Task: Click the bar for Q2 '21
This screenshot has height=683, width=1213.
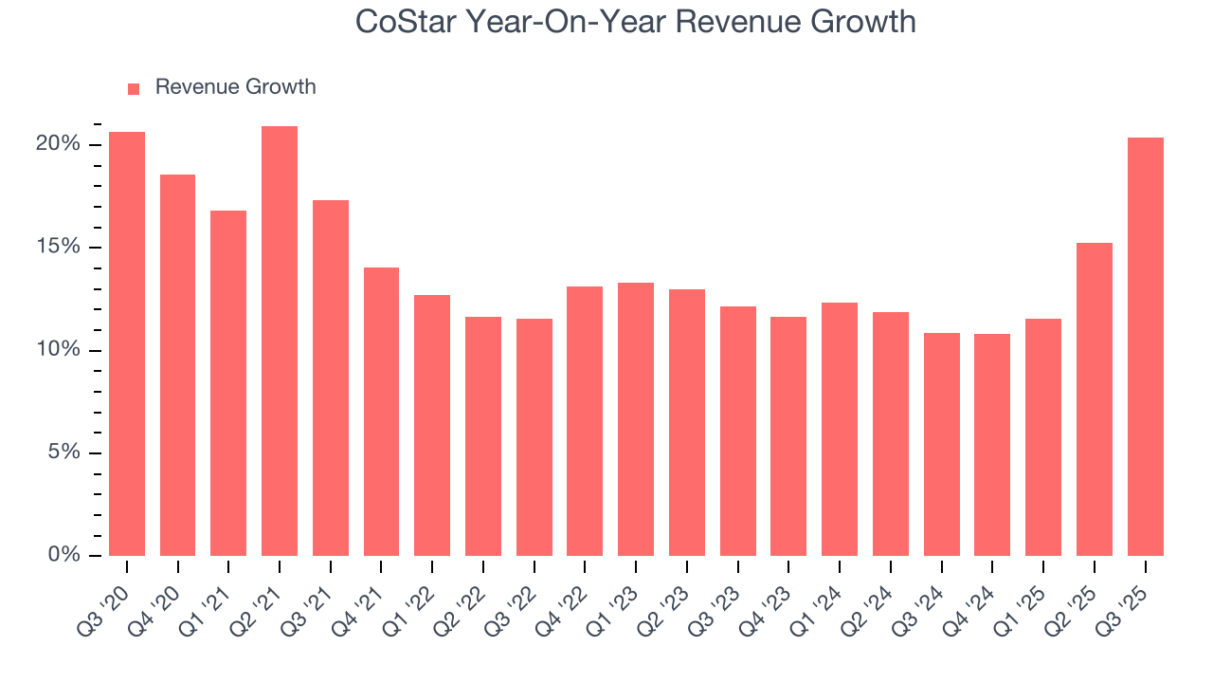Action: pyautogui.click(x=280, y=341)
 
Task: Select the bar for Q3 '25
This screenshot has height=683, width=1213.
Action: pyautogui.click(x=1145, y=346)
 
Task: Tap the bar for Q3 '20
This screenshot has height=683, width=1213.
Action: pyautogui.click(x=127, y=343)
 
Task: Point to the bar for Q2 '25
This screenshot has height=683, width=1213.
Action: pyautogui.click(x=1094, y=399)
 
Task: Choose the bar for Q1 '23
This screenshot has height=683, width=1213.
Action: pyautogui.click(x=636, y=419)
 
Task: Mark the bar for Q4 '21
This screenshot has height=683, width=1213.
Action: pyautogui.click(x=381, y=412)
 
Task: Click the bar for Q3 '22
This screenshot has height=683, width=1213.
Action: pyautogui.click(x=534, y=437)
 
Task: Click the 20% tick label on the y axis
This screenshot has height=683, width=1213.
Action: pyautogui.click(x=58, y=144)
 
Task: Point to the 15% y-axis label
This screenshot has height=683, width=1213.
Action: pyautogui.click(x=58, y=248)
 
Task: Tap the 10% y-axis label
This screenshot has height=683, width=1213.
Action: pyautogui.click(x=58, y=350)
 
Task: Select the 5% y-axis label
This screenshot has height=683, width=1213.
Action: pyautogui.click(x=63, y=452)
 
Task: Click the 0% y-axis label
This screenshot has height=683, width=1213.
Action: pyautogui.click(x=63, y=555)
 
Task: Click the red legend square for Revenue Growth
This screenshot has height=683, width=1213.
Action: pyautogui.click(x=134, y=88)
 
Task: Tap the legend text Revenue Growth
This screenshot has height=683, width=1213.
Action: pyautogui.click(x=235, y=87)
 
